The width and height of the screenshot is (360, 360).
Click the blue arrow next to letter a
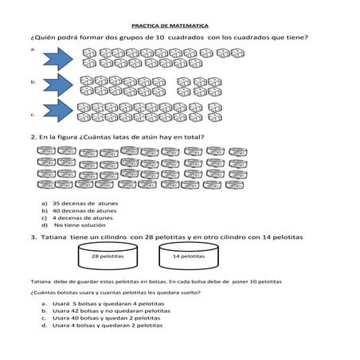[58, 57]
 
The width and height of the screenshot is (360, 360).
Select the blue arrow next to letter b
[58, 85]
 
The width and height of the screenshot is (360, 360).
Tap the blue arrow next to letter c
[58, 111]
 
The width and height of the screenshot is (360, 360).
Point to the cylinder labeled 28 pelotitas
[107, 256]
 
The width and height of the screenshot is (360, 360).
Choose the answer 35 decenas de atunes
[83, 204]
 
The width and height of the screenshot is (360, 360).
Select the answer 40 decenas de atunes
[83, 211]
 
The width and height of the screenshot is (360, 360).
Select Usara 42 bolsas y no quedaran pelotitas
[104, 311]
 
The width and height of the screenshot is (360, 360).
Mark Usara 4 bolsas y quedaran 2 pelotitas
[103, 326]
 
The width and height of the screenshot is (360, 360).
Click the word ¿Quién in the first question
[42, 38]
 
